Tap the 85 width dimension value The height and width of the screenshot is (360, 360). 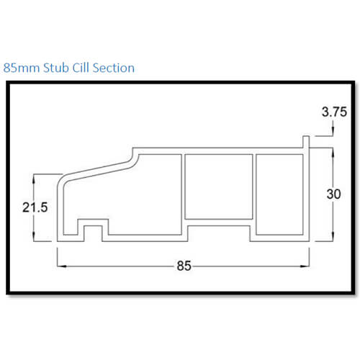(184, 266)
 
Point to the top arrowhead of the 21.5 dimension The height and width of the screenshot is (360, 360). (35, 176)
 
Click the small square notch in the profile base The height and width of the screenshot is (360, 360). (91, 232)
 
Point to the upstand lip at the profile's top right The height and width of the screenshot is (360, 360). (305, 143)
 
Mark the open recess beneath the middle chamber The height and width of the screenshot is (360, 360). (219, 230)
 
